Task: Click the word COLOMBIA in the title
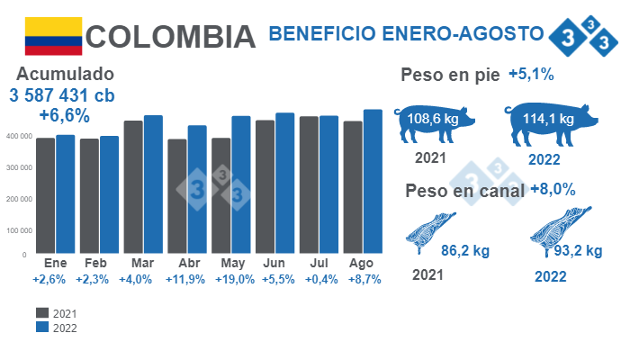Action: [x=171, y=37]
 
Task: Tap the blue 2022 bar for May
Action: [x=240, y=184]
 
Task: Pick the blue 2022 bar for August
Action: [x=373, y=181]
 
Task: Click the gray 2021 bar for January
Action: [x=45, y=195]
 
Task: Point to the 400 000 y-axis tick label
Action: [x=17, y=136]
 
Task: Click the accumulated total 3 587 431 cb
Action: [x=63, y=95]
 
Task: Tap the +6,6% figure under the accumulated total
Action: [x=64, y=115]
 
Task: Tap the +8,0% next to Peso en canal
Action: [x=553, y=189]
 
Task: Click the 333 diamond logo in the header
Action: [x=582, y=34]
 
